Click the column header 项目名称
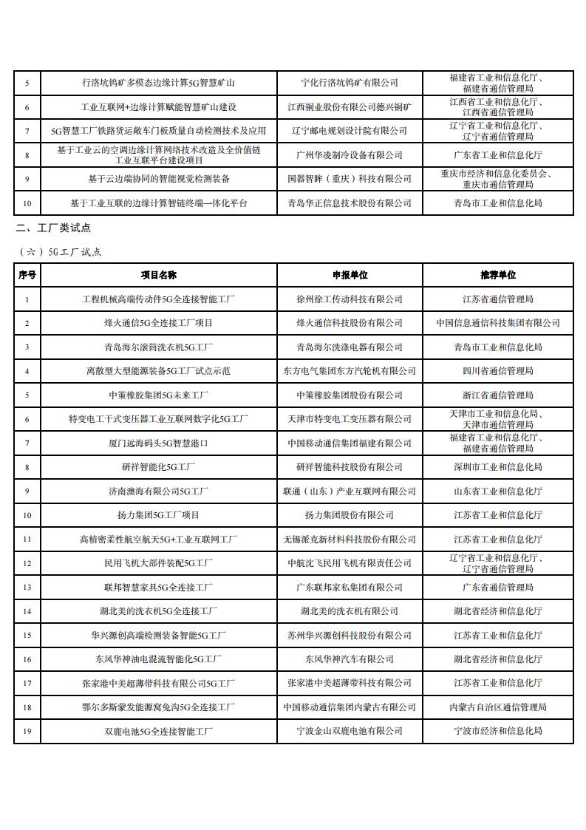pos(158,275)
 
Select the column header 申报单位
pos(350,275)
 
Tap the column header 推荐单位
pos(497,275)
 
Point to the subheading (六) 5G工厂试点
pos(61,251)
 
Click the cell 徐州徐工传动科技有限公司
pos(350,299)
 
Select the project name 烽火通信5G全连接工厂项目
pos(158,323)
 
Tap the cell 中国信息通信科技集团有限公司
pos(497,323)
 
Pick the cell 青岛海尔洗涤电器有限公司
pos(350,347)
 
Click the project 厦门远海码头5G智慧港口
pos(158,443)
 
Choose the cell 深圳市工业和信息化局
pos(497,467)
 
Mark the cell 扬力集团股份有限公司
pos(350,515)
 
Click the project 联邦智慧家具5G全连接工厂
pos(158,587)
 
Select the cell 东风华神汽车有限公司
pos(350,659)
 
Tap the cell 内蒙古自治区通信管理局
pos(497,707)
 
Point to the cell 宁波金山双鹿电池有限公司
pos(350,730)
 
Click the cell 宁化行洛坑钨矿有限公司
pos(350,83)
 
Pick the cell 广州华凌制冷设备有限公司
pos(350,154)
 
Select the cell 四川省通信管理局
pos(497,371)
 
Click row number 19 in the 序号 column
pos(27,730)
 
